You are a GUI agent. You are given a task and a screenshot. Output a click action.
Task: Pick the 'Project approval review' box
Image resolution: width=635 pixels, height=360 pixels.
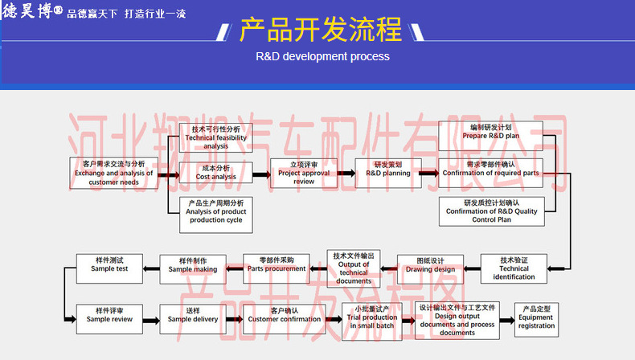304,174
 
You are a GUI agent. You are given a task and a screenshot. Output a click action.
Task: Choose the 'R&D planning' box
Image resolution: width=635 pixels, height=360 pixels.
388,173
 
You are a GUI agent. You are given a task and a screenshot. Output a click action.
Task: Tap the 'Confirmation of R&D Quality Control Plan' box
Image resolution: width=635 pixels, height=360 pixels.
491,211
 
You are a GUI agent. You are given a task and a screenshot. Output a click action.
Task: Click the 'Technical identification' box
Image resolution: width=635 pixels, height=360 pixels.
514,268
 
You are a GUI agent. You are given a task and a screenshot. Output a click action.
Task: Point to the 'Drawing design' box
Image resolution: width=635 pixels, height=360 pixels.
430,268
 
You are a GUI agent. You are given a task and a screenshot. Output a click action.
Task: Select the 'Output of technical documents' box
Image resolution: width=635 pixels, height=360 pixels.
354,268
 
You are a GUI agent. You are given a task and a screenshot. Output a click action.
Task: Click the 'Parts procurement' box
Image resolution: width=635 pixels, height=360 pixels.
277,268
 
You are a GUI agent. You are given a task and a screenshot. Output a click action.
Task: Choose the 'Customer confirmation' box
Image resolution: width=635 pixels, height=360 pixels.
277,319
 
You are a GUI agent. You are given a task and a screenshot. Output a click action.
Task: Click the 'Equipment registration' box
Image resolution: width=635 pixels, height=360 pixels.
536,319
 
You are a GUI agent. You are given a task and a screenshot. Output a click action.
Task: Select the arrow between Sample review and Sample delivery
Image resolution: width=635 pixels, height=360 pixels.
151,319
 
